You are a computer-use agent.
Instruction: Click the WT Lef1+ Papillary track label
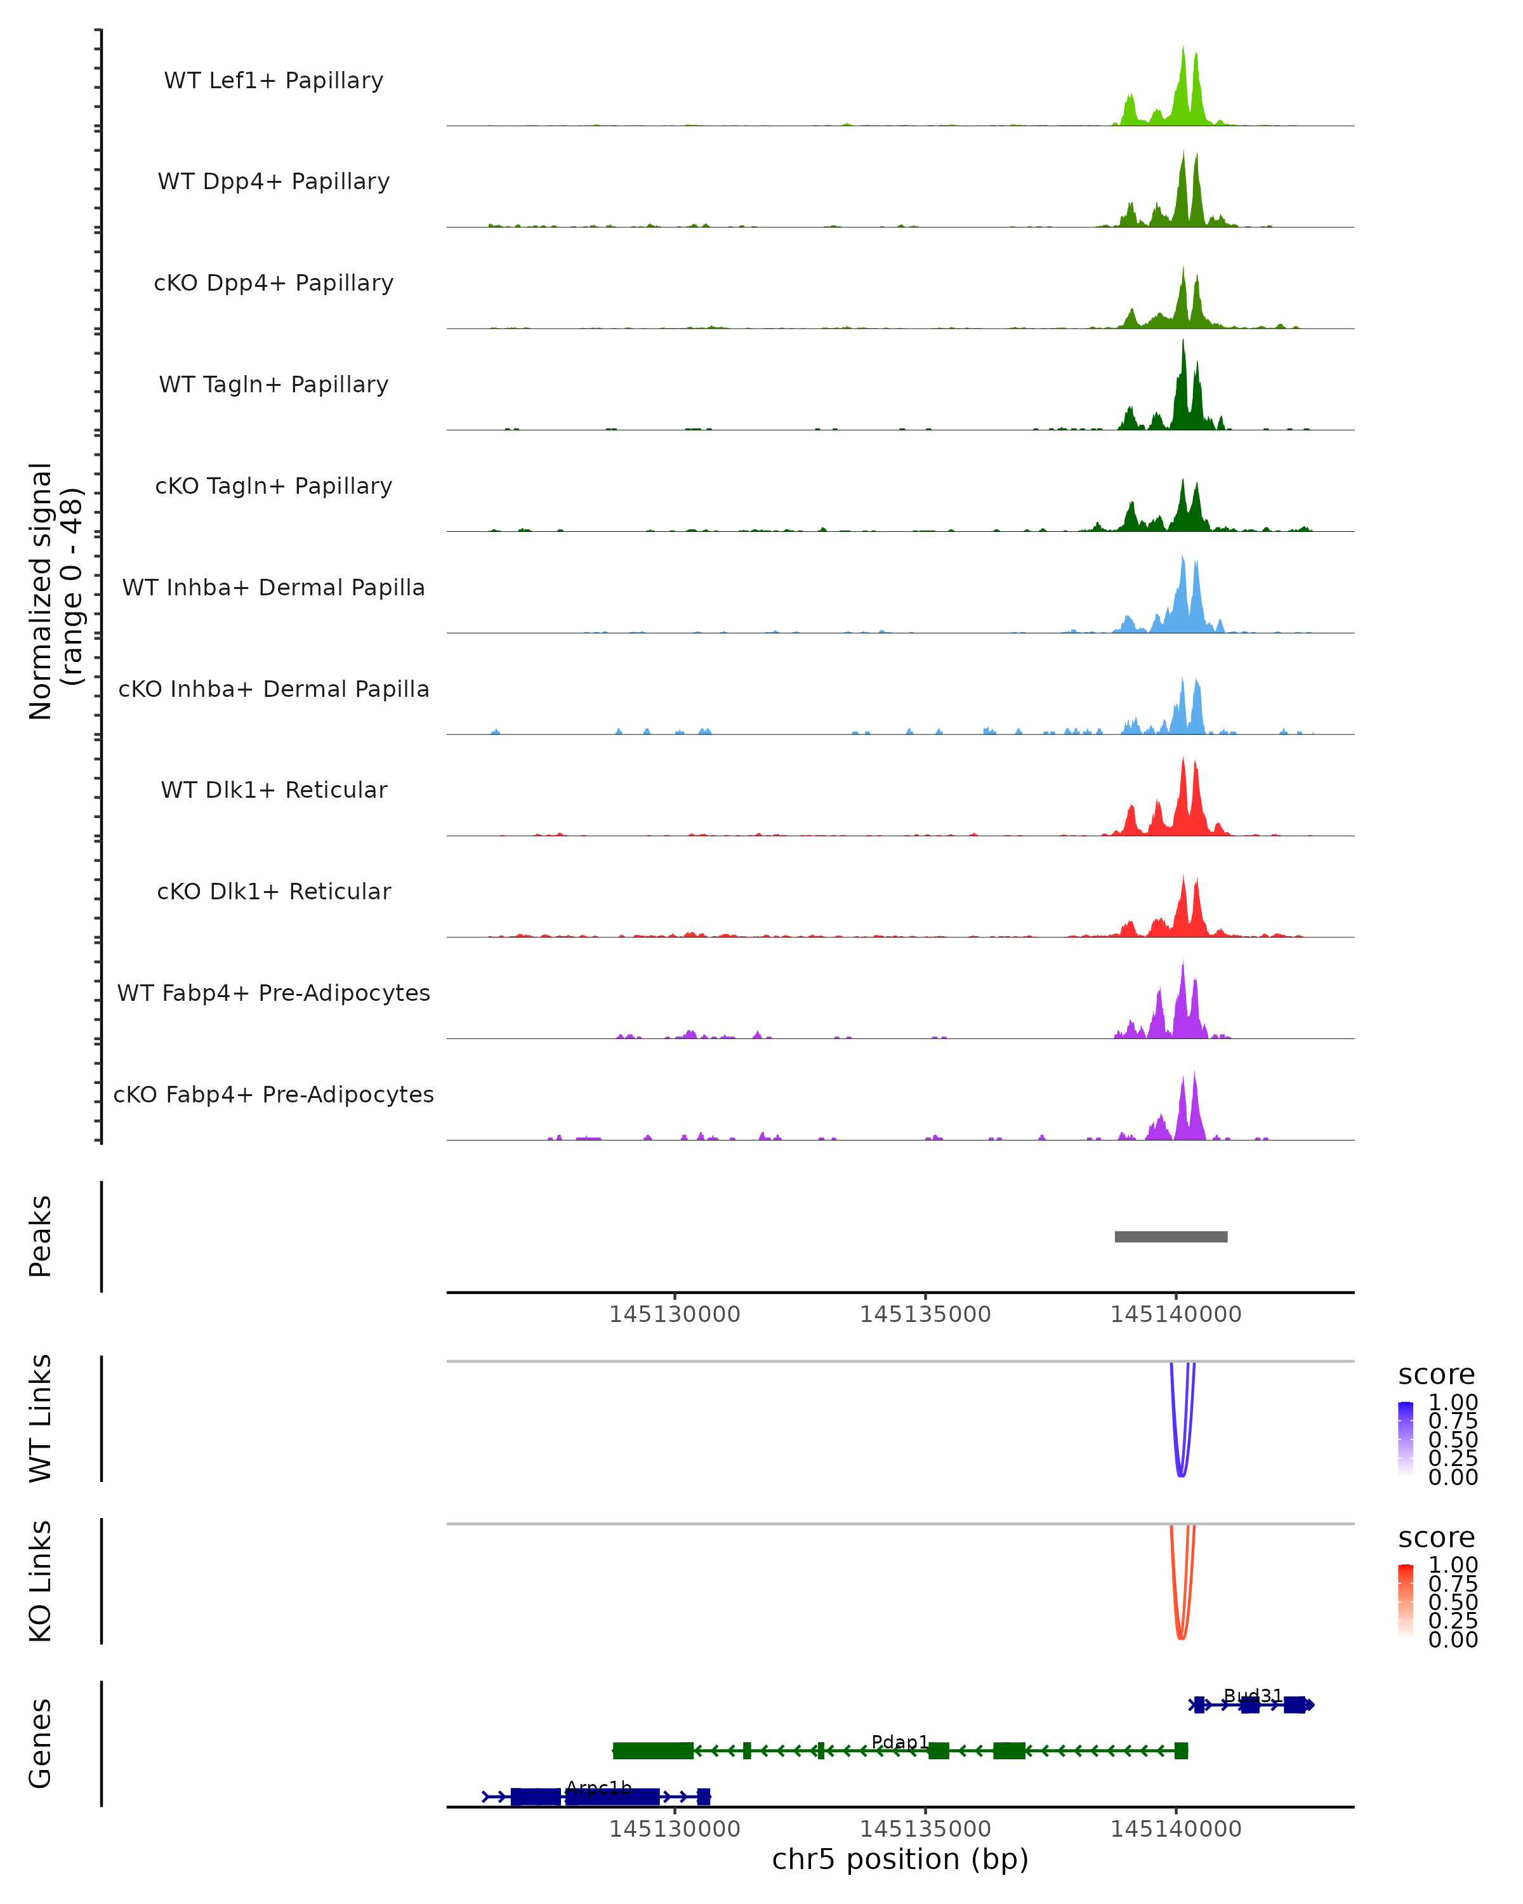(274, 81)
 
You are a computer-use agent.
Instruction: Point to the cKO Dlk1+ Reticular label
(274, 891)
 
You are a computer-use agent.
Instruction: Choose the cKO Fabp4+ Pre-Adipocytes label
(274, 1094)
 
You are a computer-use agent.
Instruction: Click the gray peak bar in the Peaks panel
(1171, 1236)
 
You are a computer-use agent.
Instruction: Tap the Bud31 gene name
(1252, 1696)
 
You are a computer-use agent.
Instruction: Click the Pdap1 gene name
(900, 1742)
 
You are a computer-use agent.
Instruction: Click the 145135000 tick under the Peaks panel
(925, 1314)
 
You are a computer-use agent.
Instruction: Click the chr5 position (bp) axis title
(900, 1859)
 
